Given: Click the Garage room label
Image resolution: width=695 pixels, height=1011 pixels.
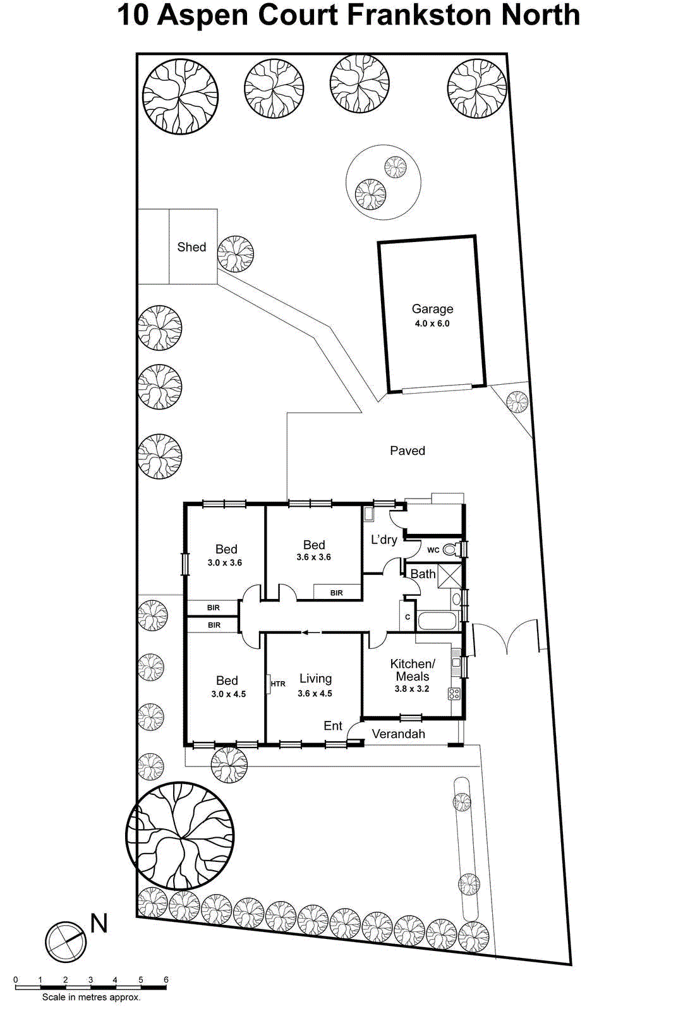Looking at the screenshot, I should [432, 309].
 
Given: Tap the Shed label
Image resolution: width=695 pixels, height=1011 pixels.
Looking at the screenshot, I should [191, 247].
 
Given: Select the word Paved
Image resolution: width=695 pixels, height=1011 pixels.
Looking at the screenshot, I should [408, 451].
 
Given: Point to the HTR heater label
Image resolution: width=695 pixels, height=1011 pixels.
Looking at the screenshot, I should [278, 684].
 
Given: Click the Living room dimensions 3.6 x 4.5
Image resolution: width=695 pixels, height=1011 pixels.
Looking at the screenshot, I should [315, 693].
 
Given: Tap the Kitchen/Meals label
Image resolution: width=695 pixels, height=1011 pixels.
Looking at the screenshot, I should [413, 670].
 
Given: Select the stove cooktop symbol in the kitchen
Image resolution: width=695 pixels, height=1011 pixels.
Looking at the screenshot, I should [454, 694].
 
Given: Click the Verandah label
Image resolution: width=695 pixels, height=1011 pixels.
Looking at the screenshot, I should [398, 734].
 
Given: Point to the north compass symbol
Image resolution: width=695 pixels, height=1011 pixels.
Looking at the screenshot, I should [66, 942].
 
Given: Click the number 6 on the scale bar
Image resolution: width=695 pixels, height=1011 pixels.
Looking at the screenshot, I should [166, 980].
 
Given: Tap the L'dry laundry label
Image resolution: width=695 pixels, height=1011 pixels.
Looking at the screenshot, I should [384, 540].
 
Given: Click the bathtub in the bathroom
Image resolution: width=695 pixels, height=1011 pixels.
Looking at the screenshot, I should [437, 621].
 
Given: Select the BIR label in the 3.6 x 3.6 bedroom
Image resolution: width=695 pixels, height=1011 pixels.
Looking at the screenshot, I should [337, 593].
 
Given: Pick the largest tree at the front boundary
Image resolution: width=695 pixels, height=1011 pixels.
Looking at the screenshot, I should [181, 835].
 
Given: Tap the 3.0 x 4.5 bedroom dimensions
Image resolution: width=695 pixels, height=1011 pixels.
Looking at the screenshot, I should [228, 694].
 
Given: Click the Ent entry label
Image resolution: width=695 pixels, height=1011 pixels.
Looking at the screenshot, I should [333, 726].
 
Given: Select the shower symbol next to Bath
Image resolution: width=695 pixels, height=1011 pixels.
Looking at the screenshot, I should [450, 576].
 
